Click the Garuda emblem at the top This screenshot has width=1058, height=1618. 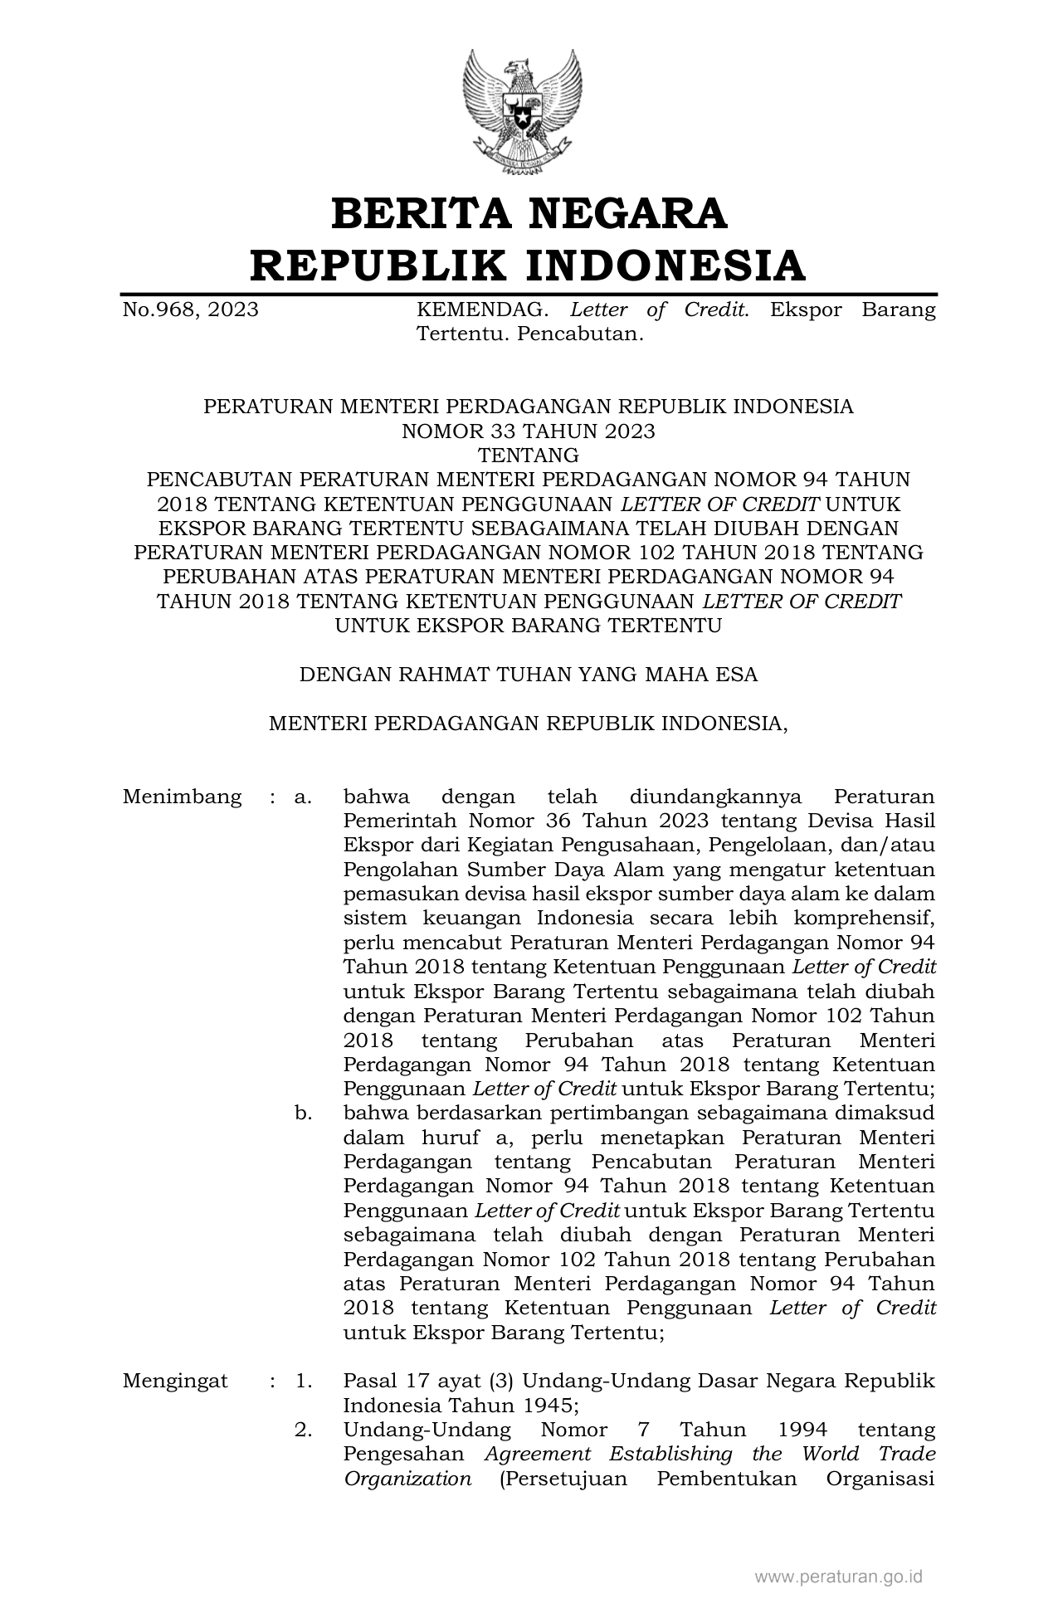point(523,113)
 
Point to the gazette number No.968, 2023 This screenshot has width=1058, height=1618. point(190,310)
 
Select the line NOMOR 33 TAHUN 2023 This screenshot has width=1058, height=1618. point(528,431)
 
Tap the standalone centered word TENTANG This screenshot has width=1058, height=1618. point(528,455)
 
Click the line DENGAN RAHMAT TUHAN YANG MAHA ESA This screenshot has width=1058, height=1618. point(528,674)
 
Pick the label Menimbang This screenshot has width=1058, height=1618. point(182,797)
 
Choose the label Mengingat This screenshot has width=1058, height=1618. point(175,1381)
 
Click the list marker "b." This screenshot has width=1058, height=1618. point(303,1113)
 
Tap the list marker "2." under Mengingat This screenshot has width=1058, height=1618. point(303,1430)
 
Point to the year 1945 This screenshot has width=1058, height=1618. point(543,1406)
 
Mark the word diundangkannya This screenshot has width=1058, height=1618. point(715,797)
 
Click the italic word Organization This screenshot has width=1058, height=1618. point(407,1479)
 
